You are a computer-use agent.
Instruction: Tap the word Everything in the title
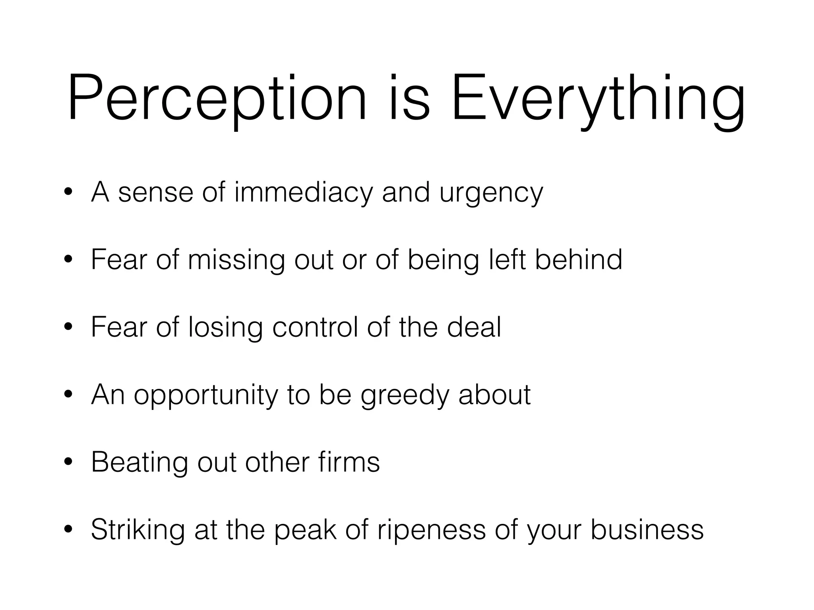pyautogui.click(x=598, y=99)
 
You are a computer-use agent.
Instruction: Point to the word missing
pyautogui.click(x=236, y=261)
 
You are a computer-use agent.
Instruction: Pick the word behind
pyautogui.click(x=578, y=260)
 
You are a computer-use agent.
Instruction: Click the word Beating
pyautogui.click(x=139, y=463)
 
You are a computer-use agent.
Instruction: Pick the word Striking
pyautogui.click(x=138, y=530)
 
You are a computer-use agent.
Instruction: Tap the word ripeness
pyautogui.click(x=431, y=530)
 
